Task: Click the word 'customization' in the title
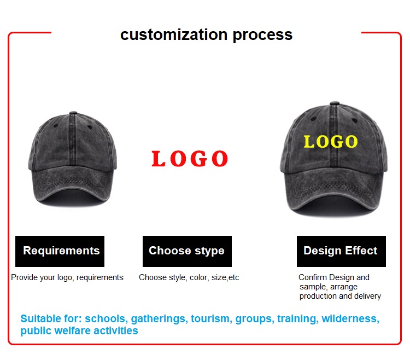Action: (174, 34)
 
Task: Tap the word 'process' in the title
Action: (262, 36)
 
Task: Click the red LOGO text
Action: (190, 159)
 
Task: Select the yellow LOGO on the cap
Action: (331, 142)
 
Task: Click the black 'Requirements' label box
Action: (60, 251)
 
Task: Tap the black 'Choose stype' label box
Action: (187, 251)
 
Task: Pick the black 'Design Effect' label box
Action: (341, 251)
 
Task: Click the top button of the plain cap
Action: (73, 113)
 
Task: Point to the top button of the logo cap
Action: (335, 103)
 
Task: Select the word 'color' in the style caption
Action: (199, 277)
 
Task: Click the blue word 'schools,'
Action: (106, 318)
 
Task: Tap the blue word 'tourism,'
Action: (211, 318)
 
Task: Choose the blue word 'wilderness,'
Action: (350, 318)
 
